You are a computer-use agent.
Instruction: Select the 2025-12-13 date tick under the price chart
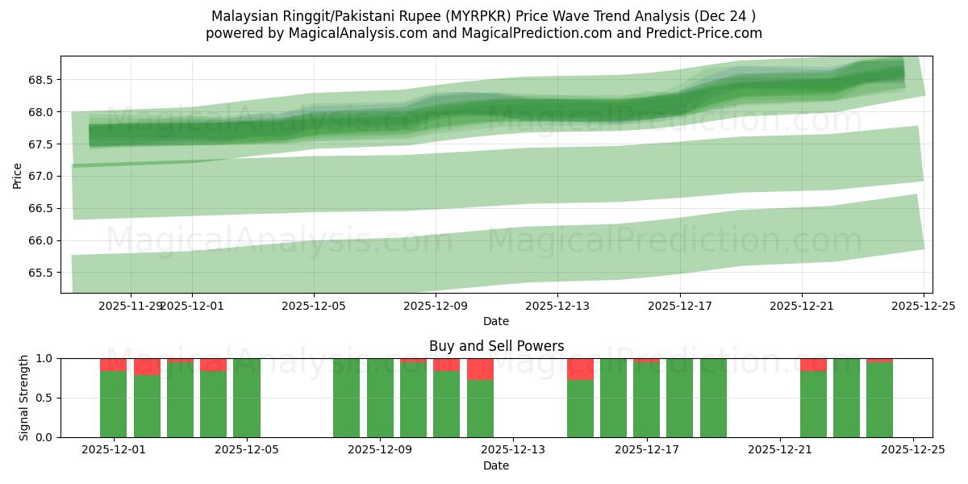tap(557, 306)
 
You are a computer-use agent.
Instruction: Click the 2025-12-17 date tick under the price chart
tap(679, 306)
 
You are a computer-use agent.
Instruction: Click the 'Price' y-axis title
tap(18, 176)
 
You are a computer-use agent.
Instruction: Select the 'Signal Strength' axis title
tap(24, 398)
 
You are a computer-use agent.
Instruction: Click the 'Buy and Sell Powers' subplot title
tap(496, 346)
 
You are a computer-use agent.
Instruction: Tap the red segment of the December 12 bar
tap(480, 369)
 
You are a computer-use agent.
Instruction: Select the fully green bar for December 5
tap(247, 398)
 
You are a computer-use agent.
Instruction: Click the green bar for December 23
tap(846, 398)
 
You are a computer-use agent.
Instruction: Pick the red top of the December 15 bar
tap(580, 369)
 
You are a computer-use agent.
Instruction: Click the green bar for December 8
tap(346, 398)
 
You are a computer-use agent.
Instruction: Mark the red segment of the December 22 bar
tap(813, 365)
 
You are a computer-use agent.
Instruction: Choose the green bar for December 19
tap(713, 398)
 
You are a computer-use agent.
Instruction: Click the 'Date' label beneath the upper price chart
tap(496, 321)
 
